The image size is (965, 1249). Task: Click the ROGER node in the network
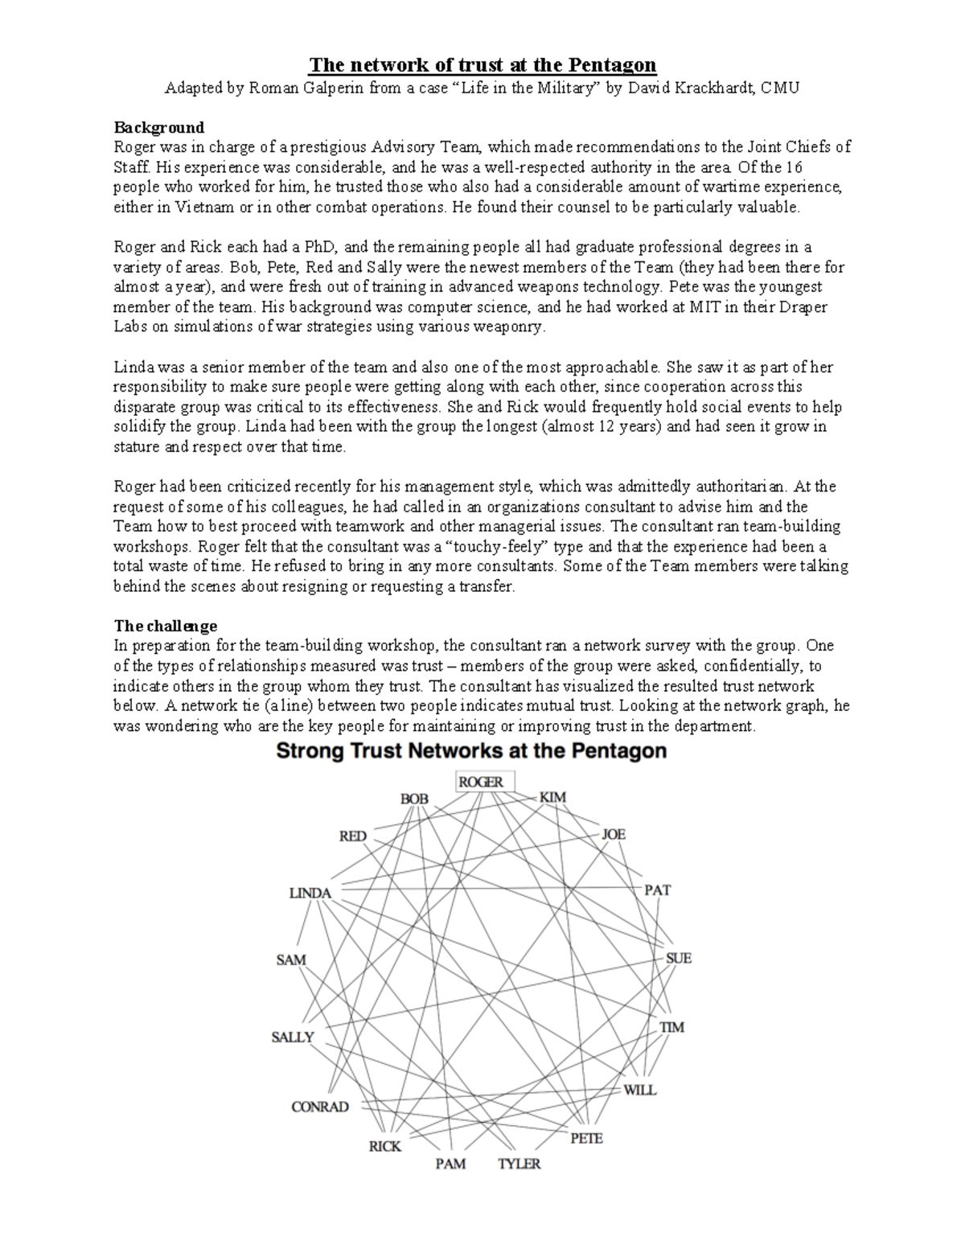[x=481, y=782]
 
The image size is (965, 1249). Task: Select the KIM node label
[x=552, y=797]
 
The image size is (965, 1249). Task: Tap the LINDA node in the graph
[x=310, y=894]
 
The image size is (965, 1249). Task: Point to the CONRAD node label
[x=319, y=1107]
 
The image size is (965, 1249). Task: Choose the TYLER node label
[x=519, y=1164]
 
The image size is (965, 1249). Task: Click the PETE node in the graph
[x=586, y=1139]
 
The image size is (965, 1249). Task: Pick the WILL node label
[x=640, y=1091]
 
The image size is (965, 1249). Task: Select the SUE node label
[x=678, y=959]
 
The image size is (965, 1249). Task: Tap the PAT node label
[x=657, y=890]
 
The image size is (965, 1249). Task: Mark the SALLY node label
[x=293, y=1037]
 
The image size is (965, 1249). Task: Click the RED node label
[x=352, y=836]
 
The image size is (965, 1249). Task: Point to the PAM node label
[x=450, y=1164]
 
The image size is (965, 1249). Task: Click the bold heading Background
[x=158, y=127]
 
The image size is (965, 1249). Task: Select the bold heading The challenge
[x=165, y=626]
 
